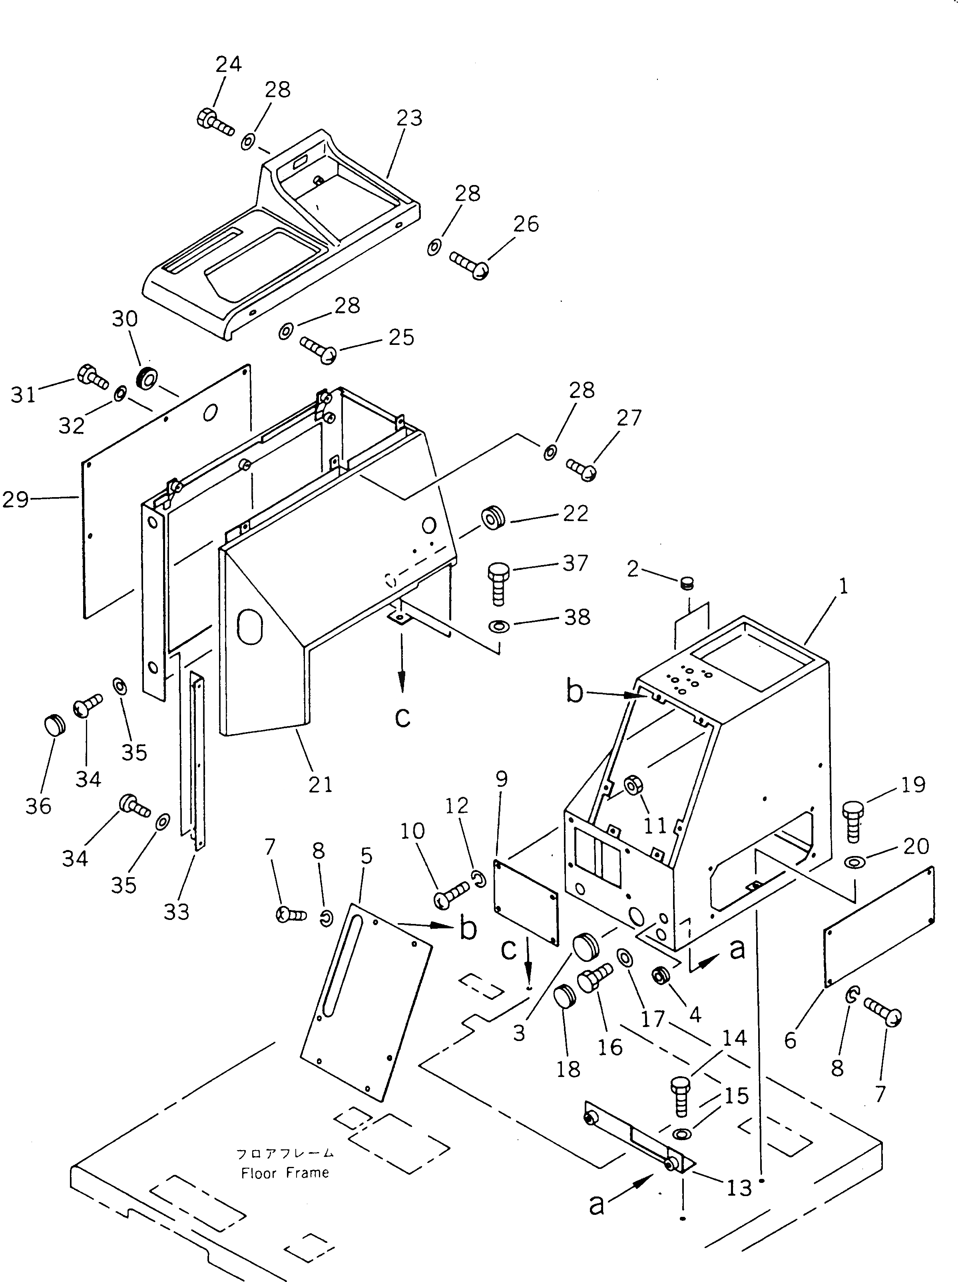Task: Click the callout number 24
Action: coord(228,64)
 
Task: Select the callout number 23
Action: coord(409,118)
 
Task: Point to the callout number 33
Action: coord(176,912)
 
